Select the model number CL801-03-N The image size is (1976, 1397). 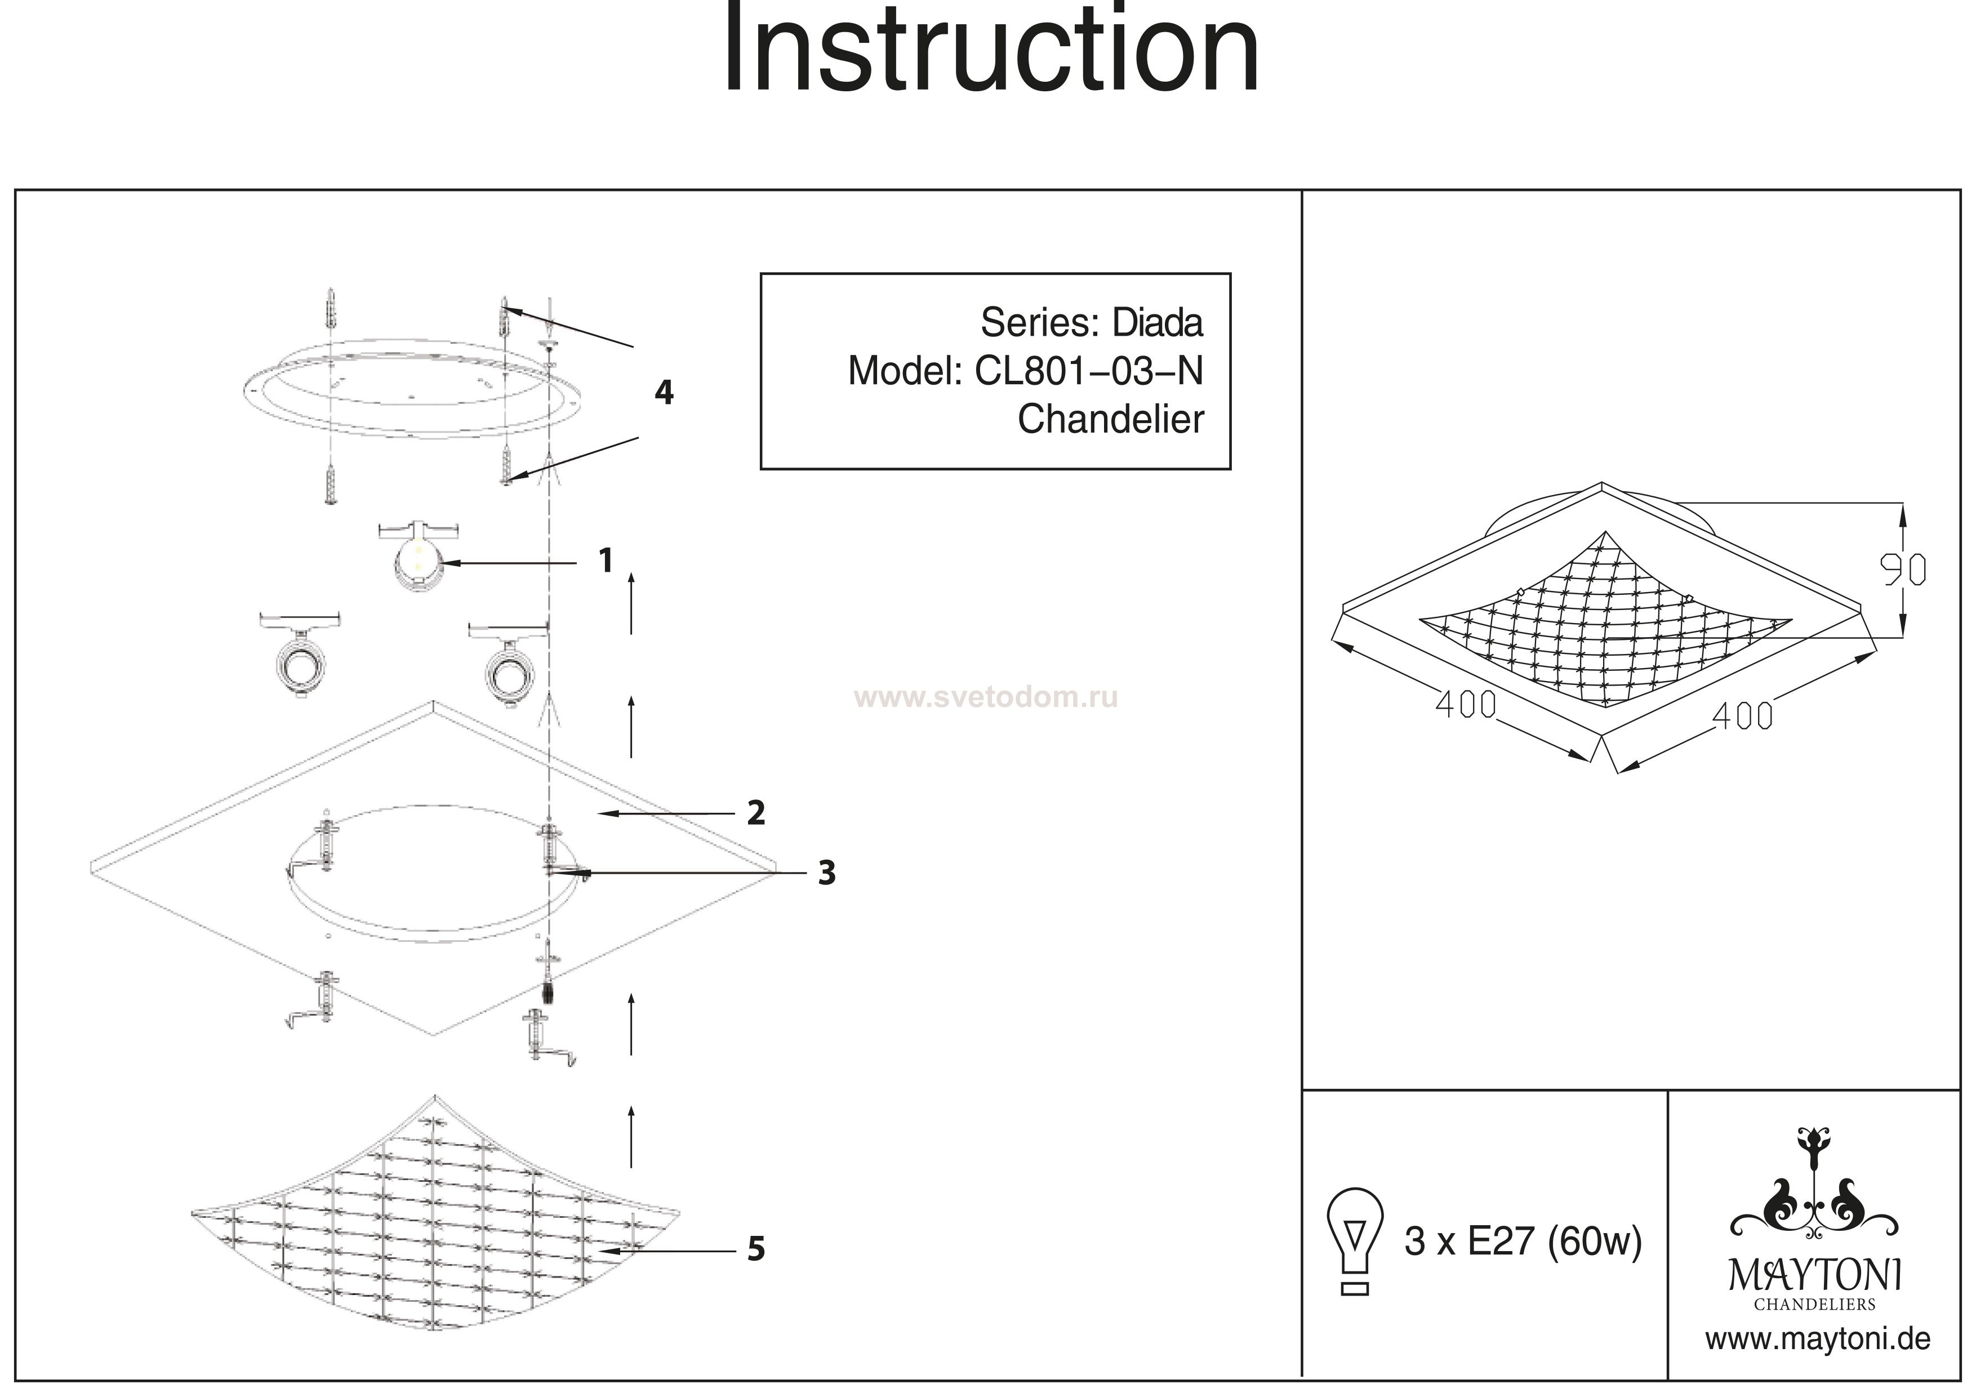tap(1089, 371)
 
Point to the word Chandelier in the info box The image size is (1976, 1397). tap(1110, 420)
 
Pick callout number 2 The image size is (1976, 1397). tap(755, 812)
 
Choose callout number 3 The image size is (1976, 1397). tap(826, 873)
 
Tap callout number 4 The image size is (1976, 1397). tap(664, 393)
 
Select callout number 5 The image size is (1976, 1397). tap(755, 1249)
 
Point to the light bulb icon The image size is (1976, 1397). tap(1355, 1239)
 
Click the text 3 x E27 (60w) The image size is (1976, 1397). tap(1523, 1241)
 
